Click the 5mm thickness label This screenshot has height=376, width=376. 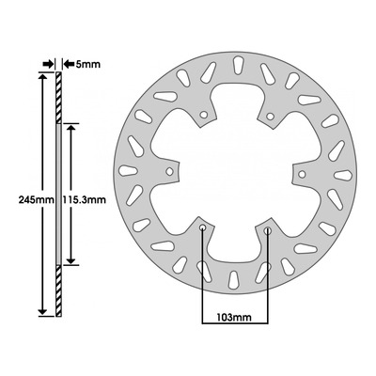click(x=88, y=65)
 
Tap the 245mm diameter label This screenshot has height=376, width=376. click(x=37, y=199)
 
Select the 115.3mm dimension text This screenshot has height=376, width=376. click(x=85, y=199)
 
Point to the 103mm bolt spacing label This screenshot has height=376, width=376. click(x=234, y=318)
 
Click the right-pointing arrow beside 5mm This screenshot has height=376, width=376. click(x=48, y=64)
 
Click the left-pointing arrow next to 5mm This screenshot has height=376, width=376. click(x=69, y=64)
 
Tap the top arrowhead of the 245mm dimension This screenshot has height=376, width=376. click(x=42, y=77)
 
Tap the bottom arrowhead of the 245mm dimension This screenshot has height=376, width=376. click(x=42, y=312)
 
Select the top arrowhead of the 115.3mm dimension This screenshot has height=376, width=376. click(x=71, y=128)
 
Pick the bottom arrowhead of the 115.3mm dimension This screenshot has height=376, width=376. click(x=71, y=260)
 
